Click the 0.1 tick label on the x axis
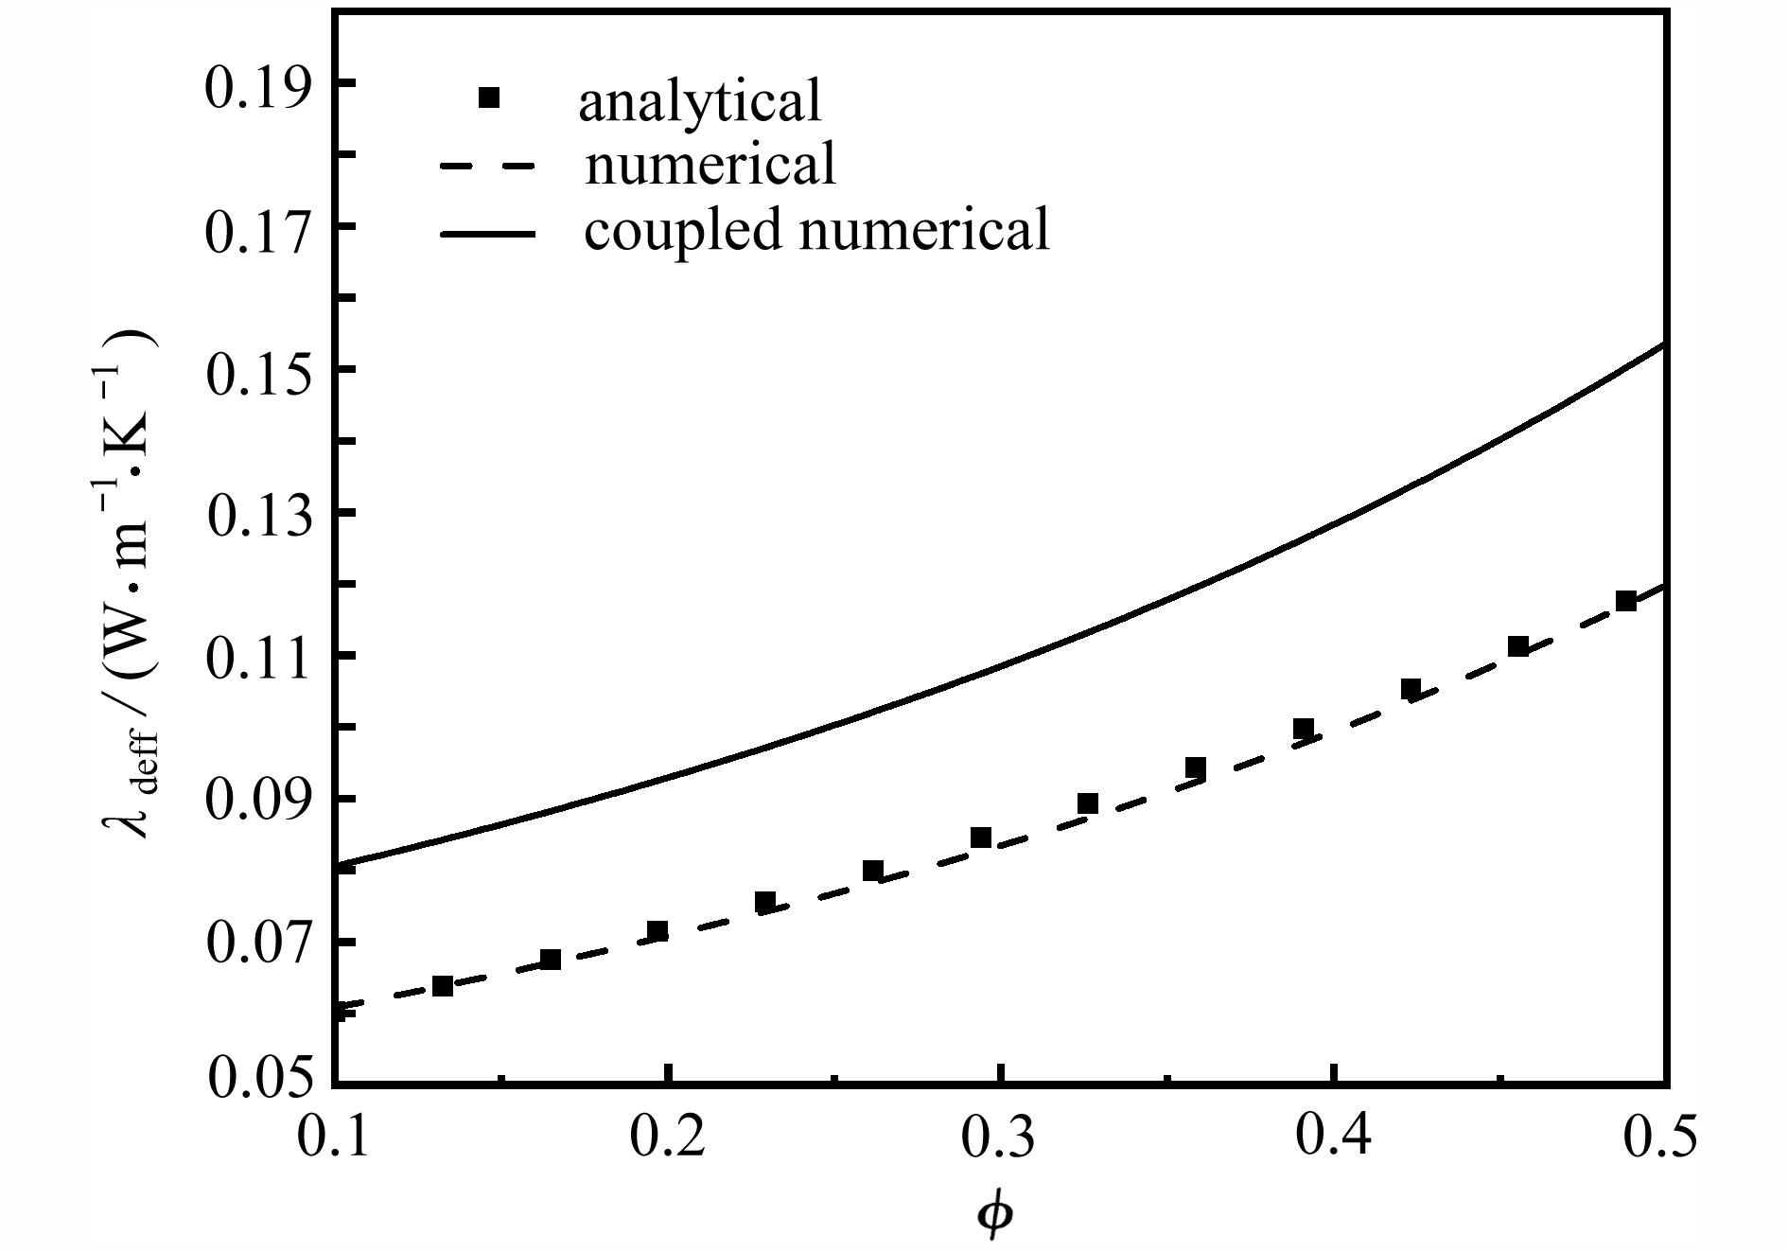336,1137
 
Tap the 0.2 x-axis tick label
668,1137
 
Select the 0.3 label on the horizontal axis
1000,1137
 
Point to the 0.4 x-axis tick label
1332,1137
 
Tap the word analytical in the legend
700,101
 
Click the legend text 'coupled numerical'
816,229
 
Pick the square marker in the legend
488,97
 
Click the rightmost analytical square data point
1626,601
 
